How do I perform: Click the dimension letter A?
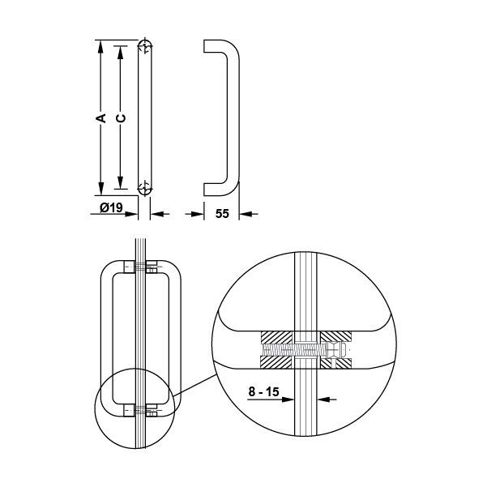[101, 118]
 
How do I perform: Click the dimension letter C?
[121, 118]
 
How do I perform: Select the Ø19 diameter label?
[112, 207]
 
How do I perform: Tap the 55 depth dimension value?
[222, 214]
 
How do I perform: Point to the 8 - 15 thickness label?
[263, 391]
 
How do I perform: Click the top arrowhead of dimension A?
[100, 46]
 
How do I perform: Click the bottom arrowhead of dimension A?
[100, 189]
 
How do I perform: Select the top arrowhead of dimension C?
[121, 53]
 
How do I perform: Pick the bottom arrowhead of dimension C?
[121, 182]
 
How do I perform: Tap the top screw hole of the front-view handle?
[145, 48]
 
